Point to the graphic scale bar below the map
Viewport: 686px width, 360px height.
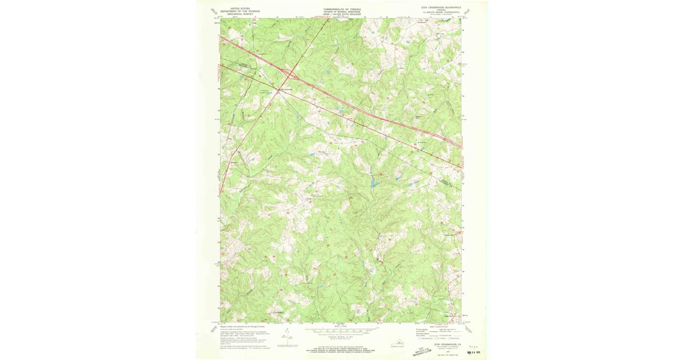(x=341, y=330)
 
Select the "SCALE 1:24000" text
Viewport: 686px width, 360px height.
(x=341, y=326)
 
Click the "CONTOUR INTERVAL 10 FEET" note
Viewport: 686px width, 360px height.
(x=341, y=336)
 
